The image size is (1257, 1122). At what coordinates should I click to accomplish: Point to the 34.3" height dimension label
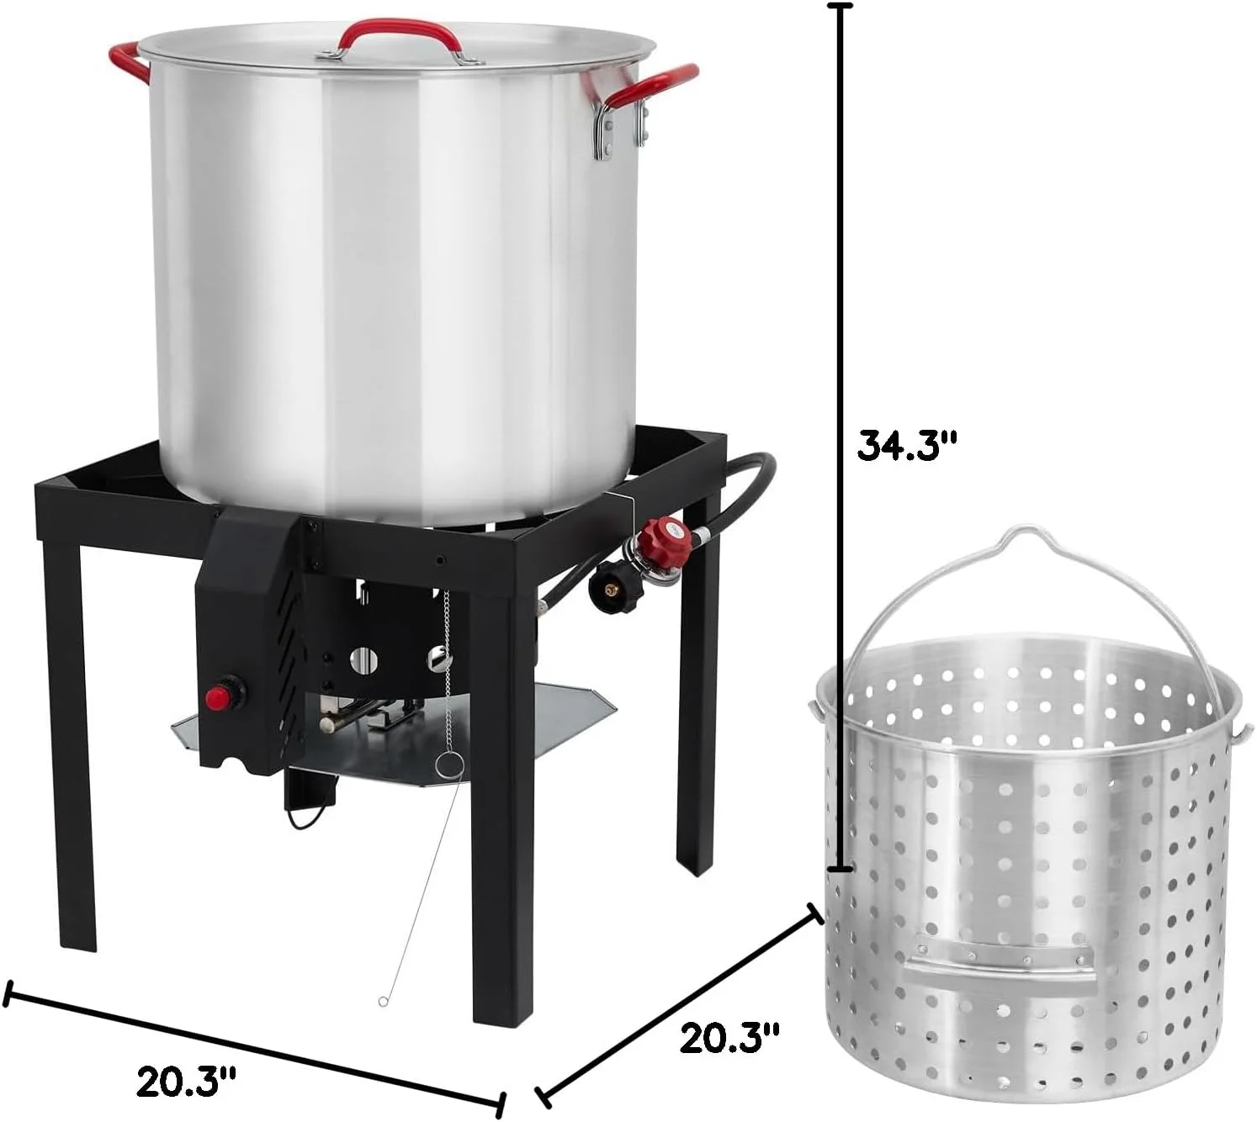[x=907, y=446]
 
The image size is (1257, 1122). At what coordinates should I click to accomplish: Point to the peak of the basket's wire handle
[x=1016, y=531]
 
